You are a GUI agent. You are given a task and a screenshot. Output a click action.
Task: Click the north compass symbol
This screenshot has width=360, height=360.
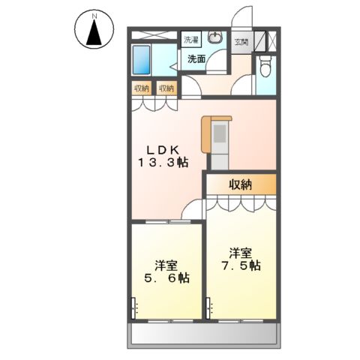(x=94, y=31)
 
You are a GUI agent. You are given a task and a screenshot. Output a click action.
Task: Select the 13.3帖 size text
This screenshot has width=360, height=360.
(x=162, y=162)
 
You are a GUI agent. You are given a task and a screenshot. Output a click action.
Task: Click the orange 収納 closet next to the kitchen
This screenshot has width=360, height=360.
(x=241, y=184)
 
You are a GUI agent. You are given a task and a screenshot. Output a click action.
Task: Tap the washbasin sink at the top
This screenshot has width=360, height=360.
(x=215, y=38)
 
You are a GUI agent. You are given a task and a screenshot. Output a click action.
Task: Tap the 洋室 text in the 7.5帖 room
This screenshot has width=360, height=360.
(x=239, y=252)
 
